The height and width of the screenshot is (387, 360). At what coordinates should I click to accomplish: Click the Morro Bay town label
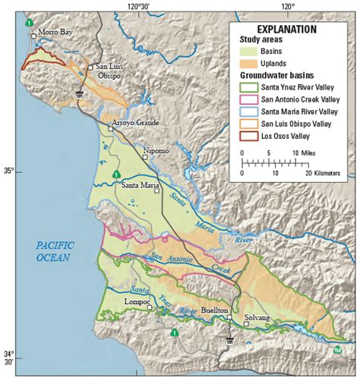pyautogui.click(x=57, y=33)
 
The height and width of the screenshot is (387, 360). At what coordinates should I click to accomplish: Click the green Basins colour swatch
pyautogui.click(x=254, y=52)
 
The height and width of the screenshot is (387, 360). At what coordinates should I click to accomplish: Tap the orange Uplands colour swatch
pyautogui.click(x=254, y=64)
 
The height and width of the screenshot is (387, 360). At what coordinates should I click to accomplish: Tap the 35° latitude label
pyautogui.click(x=9, y=171)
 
